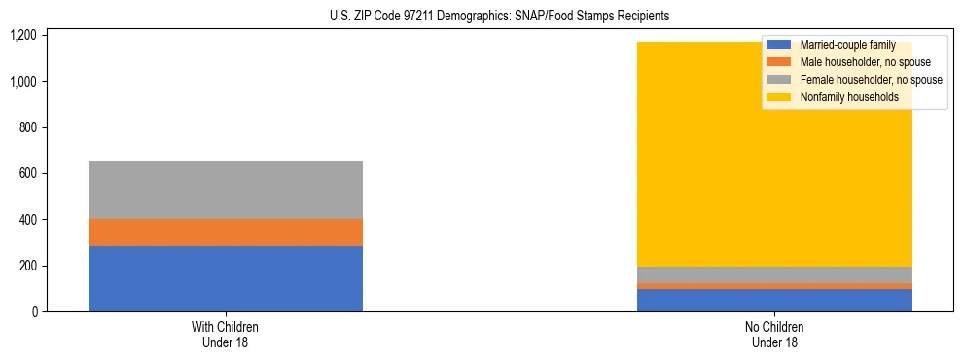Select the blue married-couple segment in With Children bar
point(226,278)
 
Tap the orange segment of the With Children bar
point(226,233)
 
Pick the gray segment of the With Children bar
point(226,190)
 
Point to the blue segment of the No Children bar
point(774,300)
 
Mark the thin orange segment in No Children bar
point(774,286)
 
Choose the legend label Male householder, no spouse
point(865,62)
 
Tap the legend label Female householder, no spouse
point(871,80)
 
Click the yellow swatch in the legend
point(779,97)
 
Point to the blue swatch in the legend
point(779,45)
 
